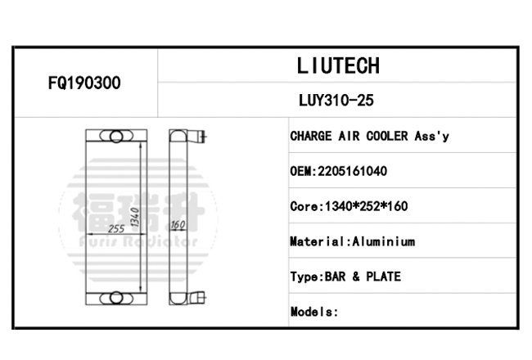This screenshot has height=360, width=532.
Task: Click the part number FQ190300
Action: (84, 83)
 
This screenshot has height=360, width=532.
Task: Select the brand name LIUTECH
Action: (338, 65)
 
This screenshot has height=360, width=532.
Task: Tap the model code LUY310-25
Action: (336, 100)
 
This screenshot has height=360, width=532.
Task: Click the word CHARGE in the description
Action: (311, 136)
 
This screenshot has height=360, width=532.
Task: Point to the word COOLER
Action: (387, 136)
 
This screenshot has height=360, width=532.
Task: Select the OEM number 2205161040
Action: (352, 171)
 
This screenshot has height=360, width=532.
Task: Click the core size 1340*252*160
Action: (367, 206)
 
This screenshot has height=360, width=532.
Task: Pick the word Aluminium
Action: (383, 241)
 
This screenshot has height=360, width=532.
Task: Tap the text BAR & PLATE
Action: (363, 277)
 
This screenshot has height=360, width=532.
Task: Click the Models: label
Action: (314, 312)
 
